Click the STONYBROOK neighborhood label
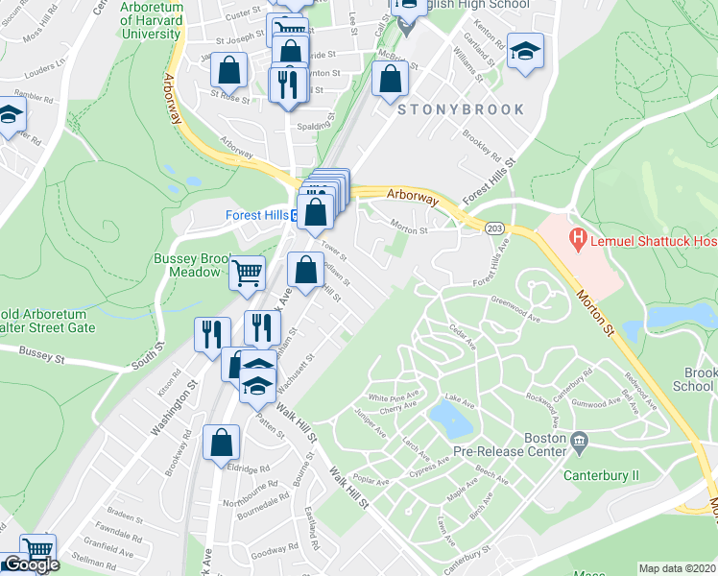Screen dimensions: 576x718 click(462, 109)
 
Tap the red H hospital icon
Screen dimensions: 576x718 click(578, 236)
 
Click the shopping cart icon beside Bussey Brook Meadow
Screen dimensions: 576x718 click(247, 273)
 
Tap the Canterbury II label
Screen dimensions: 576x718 click(602, 475)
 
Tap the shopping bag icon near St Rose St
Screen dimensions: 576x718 click(230, 69)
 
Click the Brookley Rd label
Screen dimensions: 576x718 click(482, 144)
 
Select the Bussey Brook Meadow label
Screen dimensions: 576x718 click(188, 265)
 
